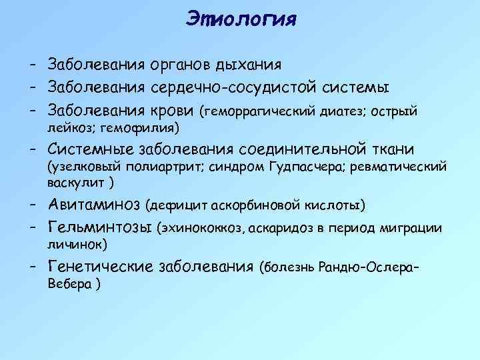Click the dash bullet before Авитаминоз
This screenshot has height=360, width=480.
[x=32, y=203]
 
